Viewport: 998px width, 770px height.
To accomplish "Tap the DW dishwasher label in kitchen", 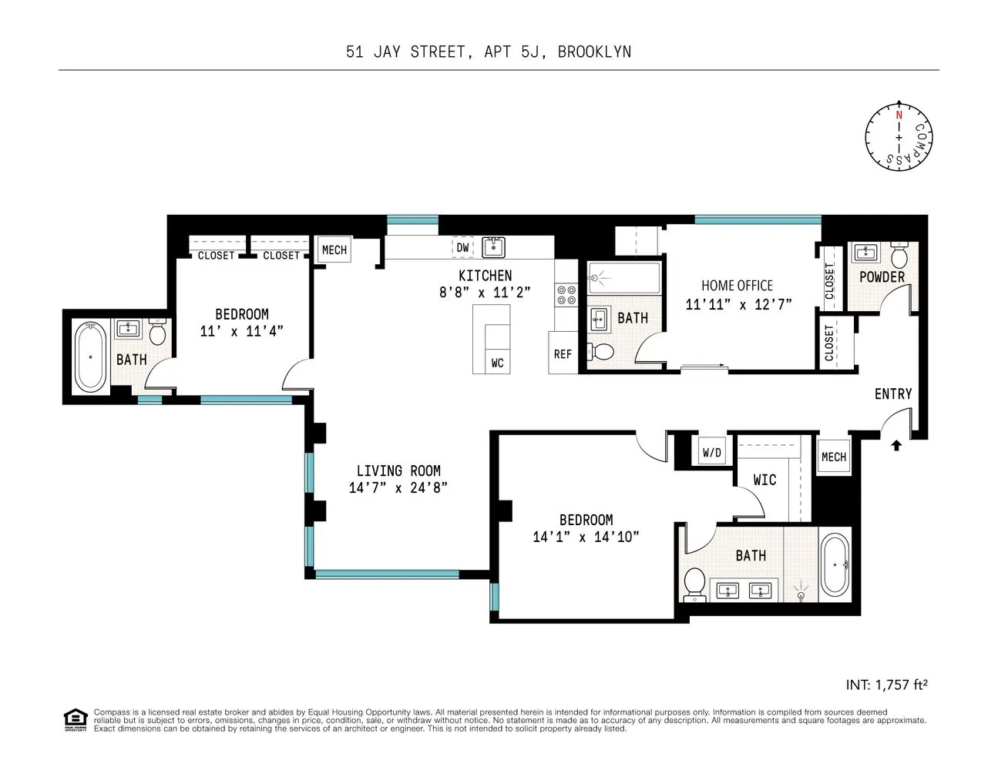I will (x=462, y=247).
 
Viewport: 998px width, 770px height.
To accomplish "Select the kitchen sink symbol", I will (x=493, y=247).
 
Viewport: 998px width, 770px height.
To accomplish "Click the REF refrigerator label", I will (x=563, y=354).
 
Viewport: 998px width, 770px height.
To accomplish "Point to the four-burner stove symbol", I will (x=566, y=295).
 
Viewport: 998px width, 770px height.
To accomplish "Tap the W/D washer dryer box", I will (x=711, y=453).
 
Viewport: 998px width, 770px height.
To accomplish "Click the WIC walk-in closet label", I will (x=764, y=480).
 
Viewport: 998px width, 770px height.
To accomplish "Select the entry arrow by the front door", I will (x=896, y=445).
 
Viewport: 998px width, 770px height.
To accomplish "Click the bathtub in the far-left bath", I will (x=91, y=357).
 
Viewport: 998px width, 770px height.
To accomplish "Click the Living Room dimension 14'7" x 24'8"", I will (x=398, y=487).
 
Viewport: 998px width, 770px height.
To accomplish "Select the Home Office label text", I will (x=737, y=285).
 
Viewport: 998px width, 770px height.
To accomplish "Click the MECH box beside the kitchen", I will (x=334, y=250).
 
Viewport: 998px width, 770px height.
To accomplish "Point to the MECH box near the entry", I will (x=833, y=457).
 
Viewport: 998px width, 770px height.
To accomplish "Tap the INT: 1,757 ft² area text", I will (x=886, y=685).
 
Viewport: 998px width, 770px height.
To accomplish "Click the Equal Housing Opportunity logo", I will (x=75, y=719).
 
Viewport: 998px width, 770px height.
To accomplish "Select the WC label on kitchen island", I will (x=497, y=363).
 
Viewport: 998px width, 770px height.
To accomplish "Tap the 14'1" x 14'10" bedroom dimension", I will (x=586, y=537).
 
